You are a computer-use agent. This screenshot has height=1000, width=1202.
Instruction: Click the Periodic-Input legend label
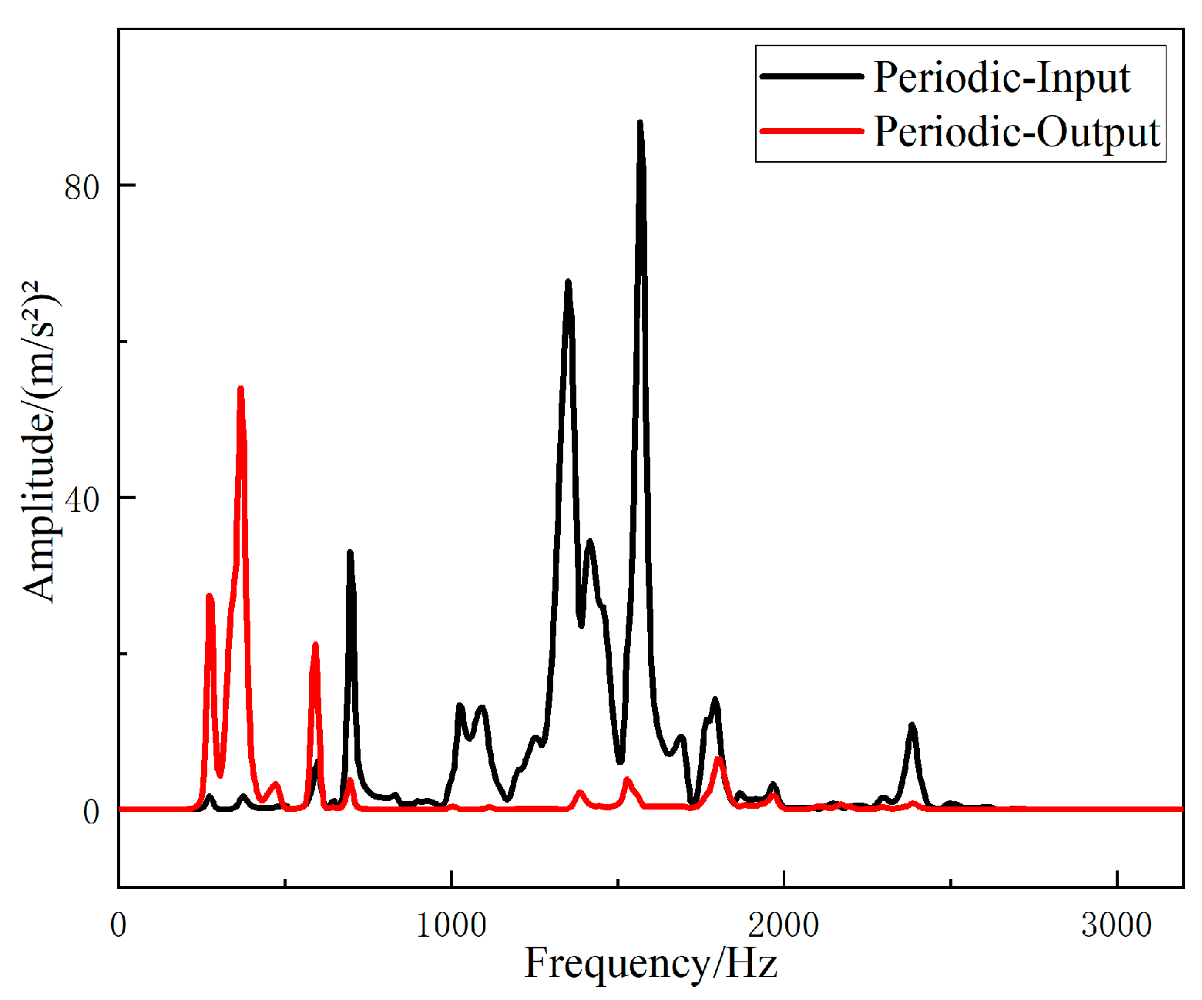coord(1002,78)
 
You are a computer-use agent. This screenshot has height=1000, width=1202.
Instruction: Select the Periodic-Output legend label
coord(1017,132)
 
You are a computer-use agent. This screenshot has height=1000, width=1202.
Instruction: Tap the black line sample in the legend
coord(811,76)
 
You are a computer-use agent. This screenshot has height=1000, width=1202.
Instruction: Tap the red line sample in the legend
coord(811,131)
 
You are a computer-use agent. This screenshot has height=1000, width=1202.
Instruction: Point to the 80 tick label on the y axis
coord(82,187)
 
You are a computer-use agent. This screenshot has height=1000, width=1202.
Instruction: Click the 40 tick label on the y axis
coord(82,500)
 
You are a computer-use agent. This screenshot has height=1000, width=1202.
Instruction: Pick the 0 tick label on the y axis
coord(92,812)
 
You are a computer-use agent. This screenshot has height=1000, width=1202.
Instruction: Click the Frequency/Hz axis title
coord(651,963)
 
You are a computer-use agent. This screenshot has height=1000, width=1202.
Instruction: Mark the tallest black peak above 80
coord(640,123)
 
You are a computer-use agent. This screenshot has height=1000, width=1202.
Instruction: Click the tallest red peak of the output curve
coord(240,389)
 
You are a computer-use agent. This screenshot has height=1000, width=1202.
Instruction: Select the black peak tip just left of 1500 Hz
coord(568,282)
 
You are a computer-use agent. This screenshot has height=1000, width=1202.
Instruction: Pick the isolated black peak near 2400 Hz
coord(912,726)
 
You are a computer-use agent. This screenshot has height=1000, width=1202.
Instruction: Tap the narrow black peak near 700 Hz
coord(350,553)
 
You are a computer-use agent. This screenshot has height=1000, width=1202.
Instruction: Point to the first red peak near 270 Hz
coord(209,596)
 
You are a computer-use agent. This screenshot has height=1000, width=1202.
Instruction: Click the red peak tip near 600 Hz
coord(315,645)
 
